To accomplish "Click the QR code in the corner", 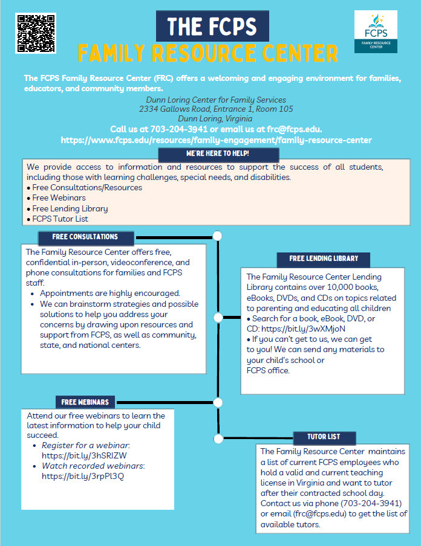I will [x=36, y=33].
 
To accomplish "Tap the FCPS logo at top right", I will [x=376, y=32].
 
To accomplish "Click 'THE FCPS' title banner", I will [x=212, y=27].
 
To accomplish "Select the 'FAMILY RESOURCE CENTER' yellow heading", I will [x=207, y=54].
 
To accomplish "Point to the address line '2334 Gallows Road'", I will [x=216, y=109].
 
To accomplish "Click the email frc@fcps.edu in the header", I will [x=294, y=129].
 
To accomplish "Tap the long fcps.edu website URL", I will [x=216, y=140].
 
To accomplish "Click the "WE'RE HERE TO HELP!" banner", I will [x=209, y=154].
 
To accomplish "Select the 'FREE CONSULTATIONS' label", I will [x=85, y=237].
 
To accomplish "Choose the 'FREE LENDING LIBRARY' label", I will [x=324, y=259].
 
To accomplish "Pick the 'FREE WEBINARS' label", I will [x=85, y=402].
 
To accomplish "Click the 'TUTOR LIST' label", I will [x=324, y=437].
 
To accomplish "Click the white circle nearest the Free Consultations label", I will [x=218, y=236].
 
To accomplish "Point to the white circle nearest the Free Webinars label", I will [x=218, y=402].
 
